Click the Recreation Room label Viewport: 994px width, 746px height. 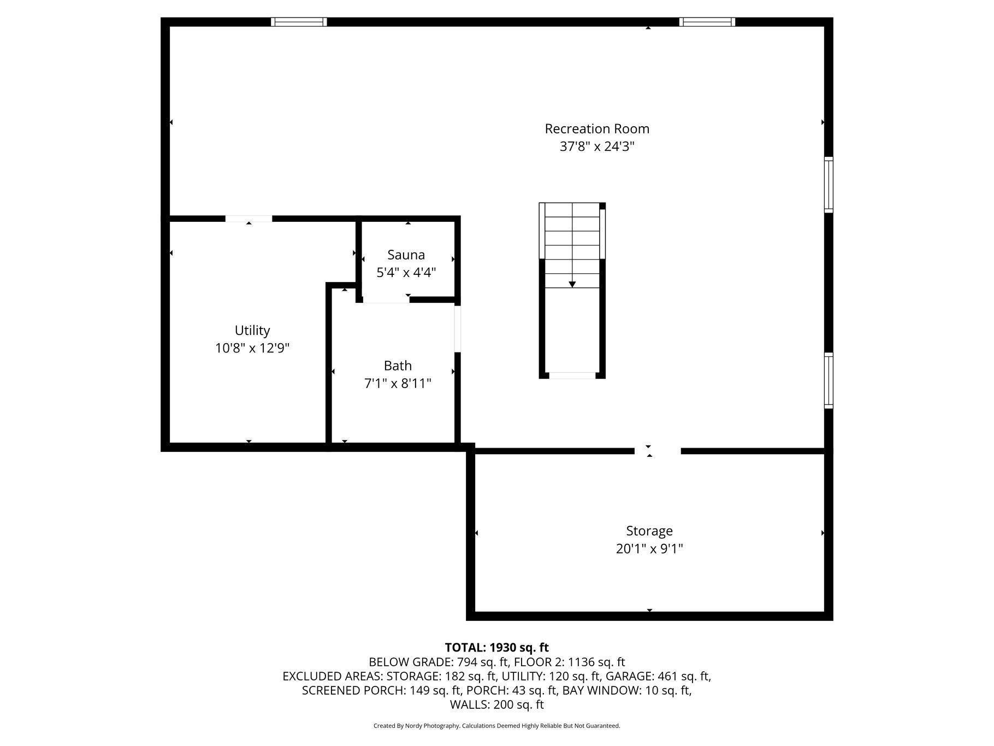point(597,129)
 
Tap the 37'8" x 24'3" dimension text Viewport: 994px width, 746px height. point(597,147)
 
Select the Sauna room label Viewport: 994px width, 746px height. point(406,255)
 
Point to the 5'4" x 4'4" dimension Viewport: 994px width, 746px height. point(406,272)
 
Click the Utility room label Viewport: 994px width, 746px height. point(252,330)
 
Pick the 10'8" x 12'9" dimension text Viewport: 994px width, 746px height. point(252,348)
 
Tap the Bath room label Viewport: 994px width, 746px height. point(398,366)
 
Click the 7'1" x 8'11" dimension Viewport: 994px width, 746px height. point(398,384)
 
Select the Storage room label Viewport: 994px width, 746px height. point(649,531)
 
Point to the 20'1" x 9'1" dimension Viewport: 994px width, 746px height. point(649,549)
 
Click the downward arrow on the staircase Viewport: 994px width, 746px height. point(572,284)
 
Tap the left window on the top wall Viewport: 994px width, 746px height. point(299,22)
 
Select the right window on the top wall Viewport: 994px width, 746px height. point(707,22)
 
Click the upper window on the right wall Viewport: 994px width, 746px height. point(829,185)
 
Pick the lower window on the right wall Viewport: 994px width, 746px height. point(829,380)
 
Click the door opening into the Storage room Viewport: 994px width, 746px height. point(658,451)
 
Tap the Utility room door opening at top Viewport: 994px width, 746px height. point(248,219)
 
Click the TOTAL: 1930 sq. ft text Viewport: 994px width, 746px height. point(496,648)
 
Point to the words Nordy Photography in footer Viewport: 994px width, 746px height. point(432,726)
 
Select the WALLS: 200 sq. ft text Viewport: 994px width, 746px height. point(496,704)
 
